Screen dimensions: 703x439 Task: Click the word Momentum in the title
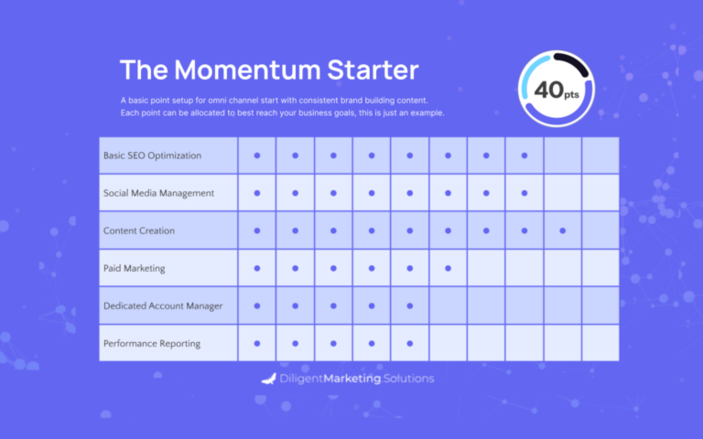point(247,70)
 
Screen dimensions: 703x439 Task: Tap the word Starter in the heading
point(373,70)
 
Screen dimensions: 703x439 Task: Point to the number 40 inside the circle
point(549,90)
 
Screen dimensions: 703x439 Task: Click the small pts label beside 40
point(571,94)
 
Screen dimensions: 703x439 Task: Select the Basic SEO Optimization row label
point(153,155)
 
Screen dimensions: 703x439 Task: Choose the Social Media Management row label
point(158,193)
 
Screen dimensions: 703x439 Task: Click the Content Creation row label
point(139,230)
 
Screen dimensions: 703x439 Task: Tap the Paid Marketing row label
point(134,268)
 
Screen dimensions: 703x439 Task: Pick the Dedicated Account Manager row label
point(163,306)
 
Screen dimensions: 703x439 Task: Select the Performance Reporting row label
point(152,344)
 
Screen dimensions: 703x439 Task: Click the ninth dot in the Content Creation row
point(563,230)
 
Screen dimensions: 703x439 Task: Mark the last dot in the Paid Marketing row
point(448,268)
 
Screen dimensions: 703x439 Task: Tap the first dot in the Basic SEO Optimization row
point(257,155)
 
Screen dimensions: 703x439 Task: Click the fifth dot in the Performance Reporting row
point(410,344)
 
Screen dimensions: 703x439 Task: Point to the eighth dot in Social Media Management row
point(525,193)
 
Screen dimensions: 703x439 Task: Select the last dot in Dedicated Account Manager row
point(410,306)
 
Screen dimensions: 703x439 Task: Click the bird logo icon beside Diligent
point(268,379)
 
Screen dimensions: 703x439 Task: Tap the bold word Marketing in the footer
point(352,379)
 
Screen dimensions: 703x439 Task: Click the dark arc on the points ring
point(573,62)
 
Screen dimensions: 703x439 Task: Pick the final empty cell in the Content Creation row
point(600,230)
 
